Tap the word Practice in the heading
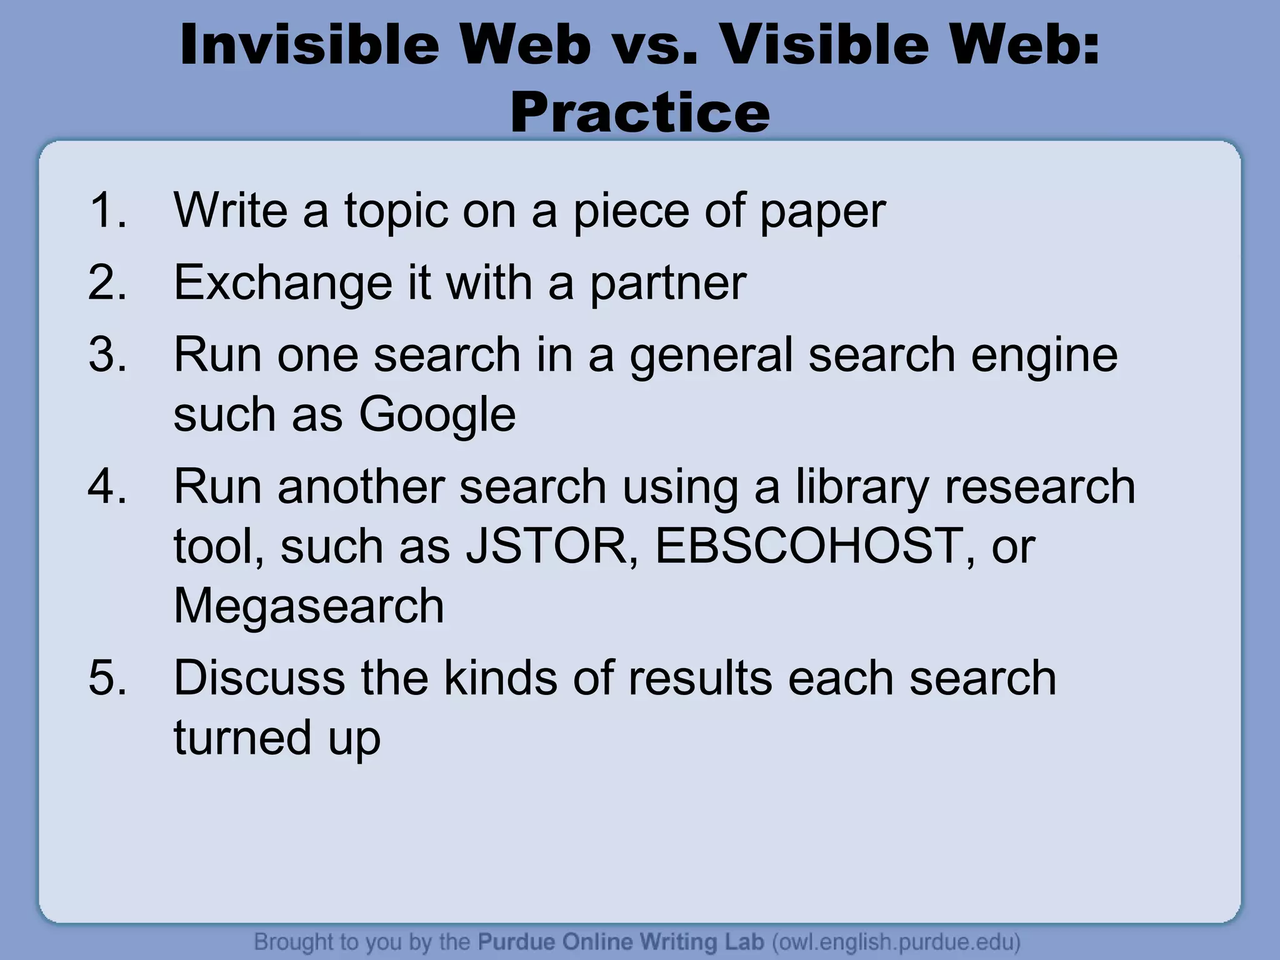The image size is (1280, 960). click(639, 112)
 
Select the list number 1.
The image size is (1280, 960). click(107, 210)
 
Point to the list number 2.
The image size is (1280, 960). click(107, 282)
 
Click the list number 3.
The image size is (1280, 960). click(107, 354)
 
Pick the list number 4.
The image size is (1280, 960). click(107, 486)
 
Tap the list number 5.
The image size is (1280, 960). click(107, 677)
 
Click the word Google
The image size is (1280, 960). click(437, 415)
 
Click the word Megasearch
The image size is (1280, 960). click(309, 606)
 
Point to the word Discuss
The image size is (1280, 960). click(259, 677)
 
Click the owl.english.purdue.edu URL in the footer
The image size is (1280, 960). click(896, 941)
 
